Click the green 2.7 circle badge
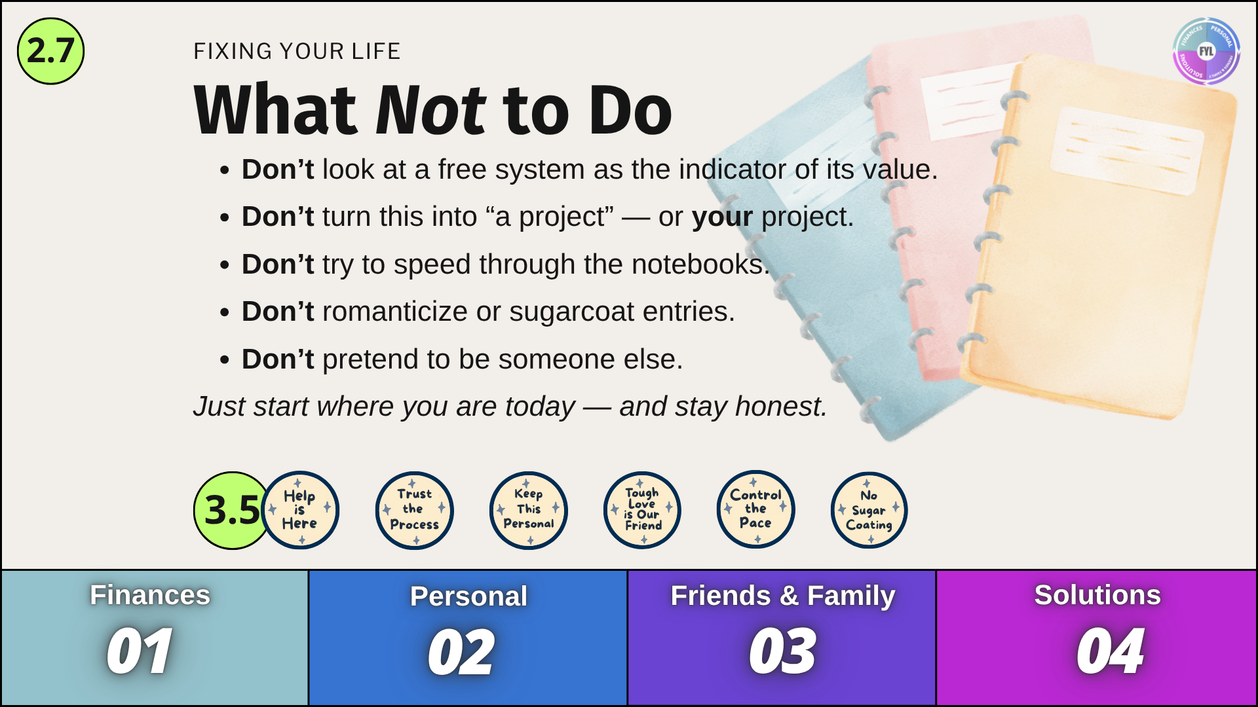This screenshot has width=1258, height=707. [x=50, y=51]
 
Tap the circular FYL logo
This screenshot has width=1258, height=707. [x=1206, y=51]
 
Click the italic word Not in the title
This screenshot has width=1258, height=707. [x=430, y=110]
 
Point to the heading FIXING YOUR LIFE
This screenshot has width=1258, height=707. [x=297, y=51]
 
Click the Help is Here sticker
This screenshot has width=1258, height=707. [x=300, y=510]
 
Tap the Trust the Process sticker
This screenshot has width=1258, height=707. [x=414, y=510]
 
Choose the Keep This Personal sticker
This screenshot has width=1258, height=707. [x=528, y=510]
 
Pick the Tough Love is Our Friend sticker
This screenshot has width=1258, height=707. [x=642, y=510]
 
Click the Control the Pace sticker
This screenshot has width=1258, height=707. [x=755, y=509]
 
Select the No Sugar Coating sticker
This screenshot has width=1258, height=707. [x=869, y=510]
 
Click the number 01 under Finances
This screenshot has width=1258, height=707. [x=140, y=651]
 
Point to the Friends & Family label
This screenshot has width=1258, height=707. [x=783, y=596]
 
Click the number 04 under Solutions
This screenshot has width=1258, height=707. [x=1111, y=651]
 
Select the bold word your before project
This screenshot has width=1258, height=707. [x=723, y=217]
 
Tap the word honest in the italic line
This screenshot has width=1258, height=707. [x=780, y=407]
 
